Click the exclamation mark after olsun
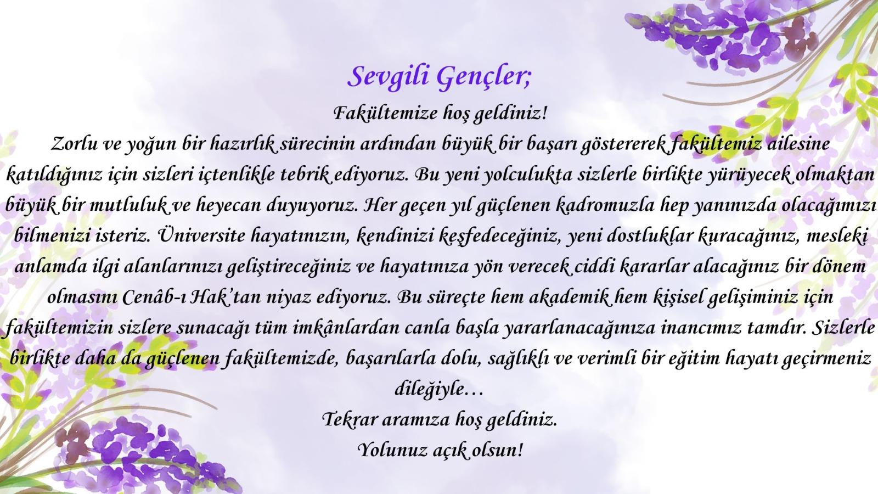click(520, 450)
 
